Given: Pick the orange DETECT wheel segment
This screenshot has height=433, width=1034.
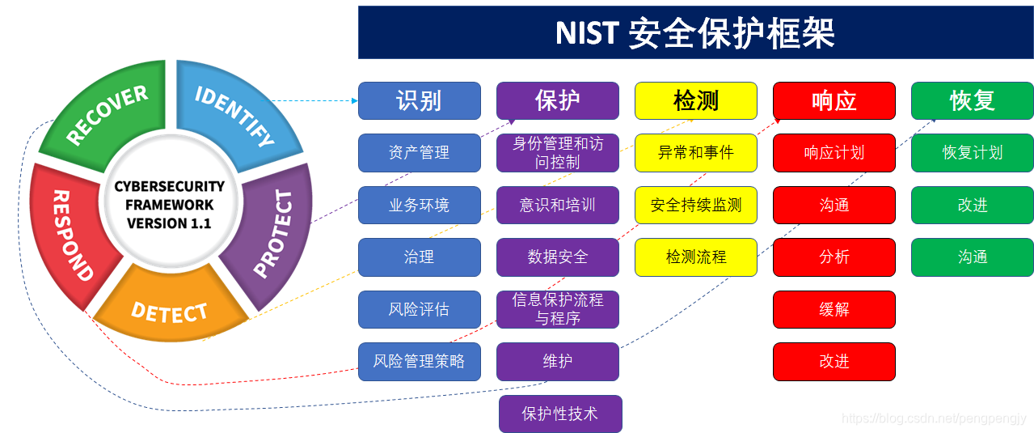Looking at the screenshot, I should point(170,312).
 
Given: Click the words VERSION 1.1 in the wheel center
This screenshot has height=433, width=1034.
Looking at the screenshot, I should point(169,223).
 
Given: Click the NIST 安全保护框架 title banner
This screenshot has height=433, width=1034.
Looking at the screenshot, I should point(695,33).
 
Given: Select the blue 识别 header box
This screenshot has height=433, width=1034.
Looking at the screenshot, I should point(419,100).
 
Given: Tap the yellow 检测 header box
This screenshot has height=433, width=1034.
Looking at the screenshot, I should point(695,100).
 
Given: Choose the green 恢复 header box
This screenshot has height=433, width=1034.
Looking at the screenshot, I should point(972,100).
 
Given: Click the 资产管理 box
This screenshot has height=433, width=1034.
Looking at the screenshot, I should point(419,152).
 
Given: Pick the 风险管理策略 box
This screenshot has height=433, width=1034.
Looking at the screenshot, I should point(419,361).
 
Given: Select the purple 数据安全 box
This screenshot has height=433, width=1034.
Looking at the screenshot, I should point(557,257).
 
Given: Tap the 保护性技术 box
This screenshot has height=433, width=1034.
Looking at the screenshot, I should point(560,414).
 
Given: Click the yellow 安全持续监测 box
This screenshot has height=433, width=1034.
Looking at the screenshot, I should point(695,205).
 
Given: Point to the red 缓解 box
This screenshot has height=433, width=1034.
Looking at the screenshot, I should point(834,309).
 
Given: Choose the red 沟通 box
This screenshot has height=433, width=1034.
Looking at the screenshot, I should point(834,205).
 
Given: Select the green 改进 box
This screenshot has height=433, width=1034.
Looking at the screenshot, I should point(972,205).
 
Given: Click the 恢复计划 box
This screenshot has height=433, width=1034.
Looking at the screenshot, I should point(972,152).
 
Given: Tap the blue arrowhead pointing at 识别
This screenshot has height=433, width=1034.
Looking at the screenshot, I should point(354,101).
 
